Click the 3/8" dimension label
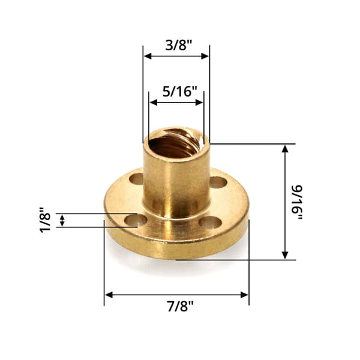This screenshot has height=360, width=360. (x=178, y=45)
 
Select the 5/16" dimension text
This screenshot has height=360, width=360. (x=180, y=91)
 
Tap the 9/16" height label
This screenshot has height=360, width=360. (x=298, y=202)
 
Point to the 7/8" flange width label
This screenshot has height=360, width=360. (x=180, y=306)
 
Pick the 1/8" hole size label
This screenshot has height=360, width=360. (x=45, y=220)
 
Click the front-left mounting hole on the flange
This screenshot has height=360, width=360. (x=136, y=220)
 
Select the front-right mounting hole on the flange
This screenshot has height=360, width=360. (x=210, y=223)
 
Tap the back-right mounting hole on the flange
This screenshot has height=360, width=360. (x=218, y=182)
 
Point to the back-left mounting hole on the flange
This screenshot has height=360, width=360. (x=136, y=179)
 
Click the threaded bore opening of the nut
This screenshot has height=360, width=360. (x=176, y=144)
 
